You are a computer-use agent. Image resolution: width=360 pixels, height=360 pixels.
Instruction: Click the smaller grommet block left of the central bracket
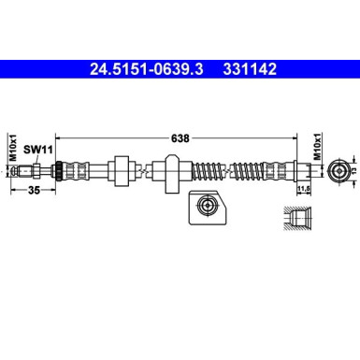point(120,171)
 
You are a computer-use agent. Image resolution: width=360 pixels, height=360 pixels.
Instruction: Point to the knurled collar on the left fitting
point(64,171)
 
